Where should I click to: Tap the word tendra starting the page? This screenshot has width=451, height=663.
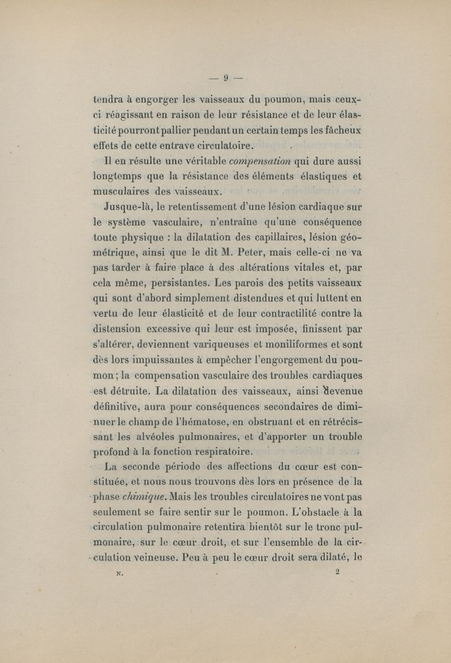coord(109,101)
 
